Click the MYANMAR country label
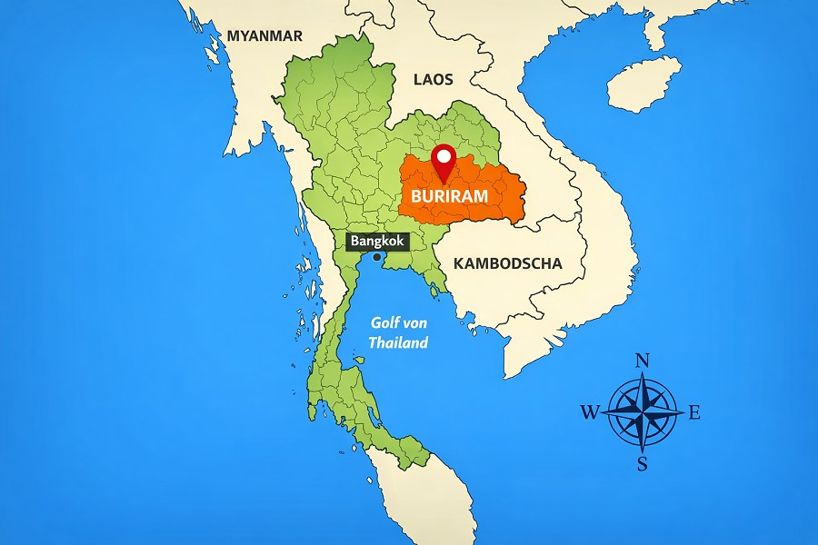pyautogui.click(x=264, y=36)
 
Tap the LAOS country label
pyautogui.click(x=433, y=80)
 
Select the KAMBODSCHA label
pyautogui.click(x=507, y=263)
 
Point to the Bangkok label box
pyautogui.click(x=376, y=242)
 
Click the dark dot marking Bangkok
pyautogui.click(x=377, y=257)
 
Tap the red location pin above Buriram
pyautogui.click(x=444, y=163)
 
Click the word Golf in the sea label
pyautogui.click(x=387, y=323)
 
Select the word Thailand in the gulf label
pyautogui.click(x=397, y=342)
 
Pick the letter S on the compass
pyautogui.click(x=642, y=465)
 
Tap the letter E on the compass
pyautogui.click(x=694, y=413)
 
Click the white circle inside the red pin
pyautogui.click(x=444, y=156)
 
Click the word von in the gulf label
pyautogui.click(x=419, y=323)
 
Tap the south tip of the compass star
pyautogui.click(x=642, y=451)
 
